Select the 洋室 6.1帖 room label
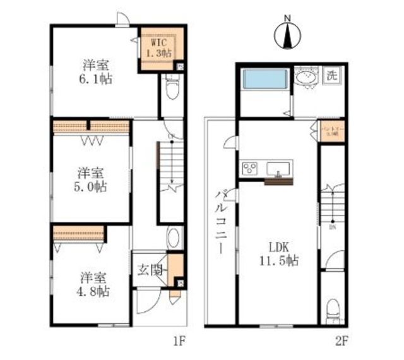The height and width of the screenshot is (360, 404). tap(96, 71)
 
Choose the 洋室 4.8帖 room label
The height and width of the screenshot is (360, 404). tap(95, 284)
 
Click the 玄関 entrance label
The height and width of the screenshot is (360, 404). tap(150, 270)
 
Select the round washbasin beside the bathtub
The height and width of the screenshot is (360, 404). tap(306, 78)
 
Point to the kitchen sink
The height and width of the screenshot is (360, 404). tap(278, 169)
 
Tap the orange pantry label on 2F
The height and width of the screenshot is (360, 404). tap(331, 134)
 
